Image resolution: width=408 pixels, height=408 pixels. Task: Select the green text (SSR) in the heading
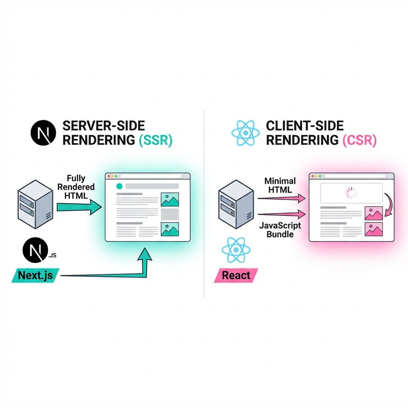click(155, 140)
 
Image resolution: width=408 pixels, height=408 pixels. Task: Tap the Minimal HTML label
click(280, 186)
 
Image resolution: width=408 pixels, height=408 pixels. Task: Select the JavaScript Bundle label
click(280, 230)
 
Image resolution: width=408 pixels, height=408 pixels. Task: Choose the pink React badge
click(236, 275)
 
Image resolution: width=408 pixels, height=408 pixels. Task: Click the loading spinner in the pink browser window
click(352, 194)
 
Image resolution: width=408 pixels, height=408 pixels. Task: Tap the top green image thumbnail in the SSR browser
click(170, 200)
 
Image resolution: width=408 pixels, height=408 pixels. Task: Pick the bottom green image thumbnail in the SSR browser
click(170, 229)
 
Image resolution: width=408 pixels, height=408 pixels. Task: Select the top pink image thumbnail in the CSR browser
click(374, 214)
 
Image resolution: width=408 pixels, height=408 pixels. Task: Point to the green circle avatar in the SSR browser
click(119, 186)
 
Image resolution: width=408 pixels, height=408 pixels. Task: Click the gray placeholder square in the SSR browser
click(170, 214)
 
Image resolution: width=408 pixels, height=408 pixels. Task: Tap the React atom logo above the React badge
click(236, 250)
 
